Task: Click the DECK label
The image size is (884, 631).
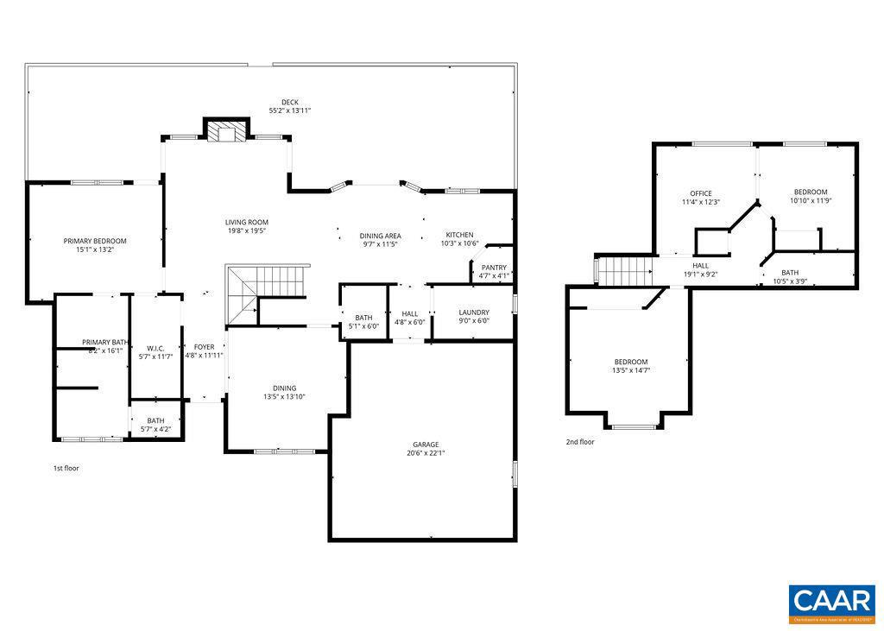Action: [289, 102]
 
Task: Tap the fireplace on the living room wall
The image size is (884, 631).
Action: [227, 131]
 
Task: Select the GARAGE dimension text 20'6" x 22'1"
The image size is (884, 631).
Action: [426, 453]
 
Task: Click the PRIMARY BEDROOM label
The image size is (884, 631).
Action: [95, 241]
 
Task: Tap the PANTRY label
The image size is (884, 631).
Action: [495, 268]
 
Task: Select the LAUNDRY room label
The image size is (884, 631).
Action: [474, 312]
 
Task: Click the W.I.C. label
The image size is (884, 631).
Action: [155, 348]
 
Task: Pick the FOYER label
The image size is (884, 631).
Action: [204, 347]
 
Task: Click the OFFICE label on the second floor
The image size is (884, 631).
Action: [700, 193]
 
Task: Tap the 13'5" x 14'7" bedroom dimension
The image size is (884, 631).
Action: [631, 370]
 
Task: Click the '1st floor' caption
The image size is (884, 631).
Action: [66, 468]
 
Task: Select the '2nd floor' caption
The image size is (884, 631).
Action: [580, 442]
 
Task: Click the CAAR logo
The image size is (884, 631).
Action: [832, 603]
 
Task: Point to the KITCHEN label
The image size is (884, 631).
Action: [459, 235]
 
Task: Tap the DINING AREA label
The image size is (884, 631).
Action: [380, 236]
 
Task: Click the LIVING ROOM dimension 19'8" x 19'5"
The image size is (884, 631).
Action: [247, 230]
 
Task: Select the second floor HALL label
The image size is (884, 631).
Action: [700, 266]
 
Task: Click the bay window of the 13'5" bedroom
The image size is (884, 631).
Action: [635, 426]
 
